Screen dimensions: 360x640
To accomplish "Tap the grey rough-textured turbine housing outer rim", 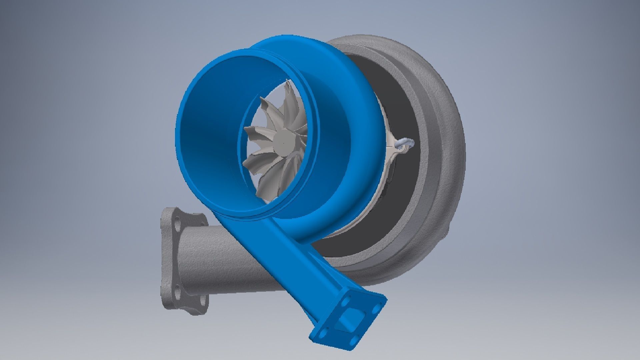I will tap(447, 150).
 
